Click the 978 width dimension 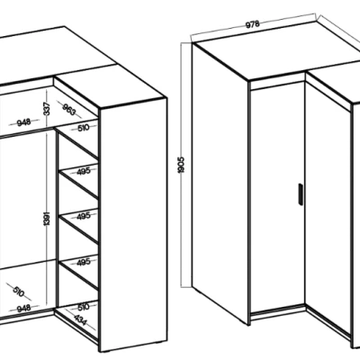[x=253, y=24]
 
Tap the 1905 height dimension [x=181, y=165]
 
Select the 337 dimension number [x=47, y=108]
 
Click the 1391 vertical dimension [x=47, y=218]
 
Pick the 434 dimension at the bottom [x=80, y=320]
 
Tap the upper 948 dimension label [x=23, y=122]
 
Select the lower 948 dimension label [x=23, y=308]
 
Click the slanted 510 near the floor [x=18, y=292]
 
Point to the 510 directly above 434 [x=83, y=307]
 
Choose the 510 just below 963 [x=83, y=128]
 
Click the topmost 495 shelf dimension [x=83, y=171]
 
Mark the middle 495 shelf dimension [x=83, y=216]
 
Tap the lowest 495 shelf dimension [x=83, y=262]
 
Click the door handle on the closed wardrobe [x=301, y=194]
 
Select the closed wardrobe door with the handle [x=277, y=198]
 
